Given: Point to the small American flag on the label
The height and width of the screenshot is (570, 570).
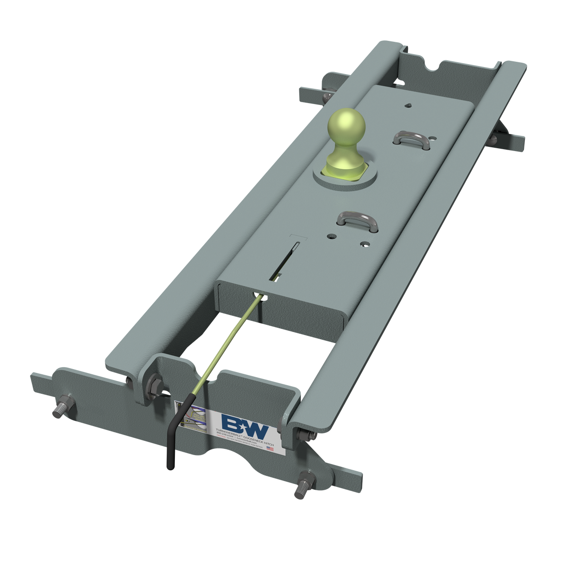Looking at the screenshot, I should [x=270, y=448].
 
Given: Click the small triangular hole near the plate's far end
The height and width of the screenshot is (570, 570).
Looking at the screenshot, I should [x=408, y=105].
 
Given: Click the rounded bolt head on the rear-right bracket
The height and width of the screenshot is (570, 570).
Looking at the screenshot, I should [x=493, y=139].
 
